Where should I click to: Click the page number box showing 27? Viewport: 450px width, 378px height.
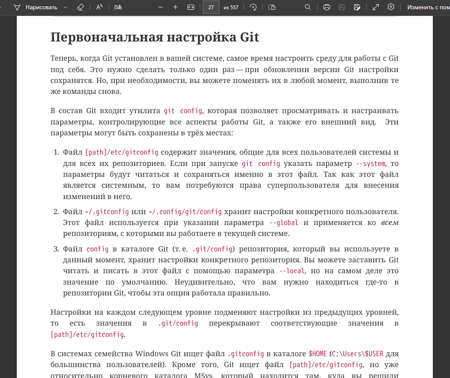(211, 7)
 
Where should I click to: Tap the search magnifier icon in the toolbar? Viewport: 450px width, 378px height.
(308, 7)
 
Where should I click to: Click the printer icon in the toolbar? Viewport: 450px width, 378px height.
(327, 7)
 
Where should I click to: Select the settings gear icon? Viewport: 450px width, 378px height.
(391, 7)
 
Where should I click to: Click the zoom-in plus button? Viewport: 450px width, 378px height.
(175, 7)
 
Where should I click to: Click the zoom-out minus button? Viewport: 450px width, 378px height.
(160, 7)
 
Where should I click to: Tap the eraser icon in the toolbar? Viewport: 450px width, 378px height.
(80, 7)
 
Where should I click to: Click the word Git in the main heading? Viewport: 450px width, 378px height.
(250, 37)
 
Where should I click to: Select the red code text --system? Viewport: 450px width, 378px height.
(370, 163)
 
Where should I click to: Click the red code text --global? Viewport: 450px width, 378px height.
(284, 223)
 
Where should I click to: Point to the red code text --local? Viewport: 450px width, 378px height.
(292, 271)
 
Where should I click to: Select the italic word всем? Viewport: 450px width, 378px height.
(390, 223)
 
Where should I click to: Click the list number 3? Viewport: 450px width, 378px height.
(56, 249)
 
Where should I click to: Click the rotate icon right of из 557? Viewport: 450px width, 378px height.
(253, 7)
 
